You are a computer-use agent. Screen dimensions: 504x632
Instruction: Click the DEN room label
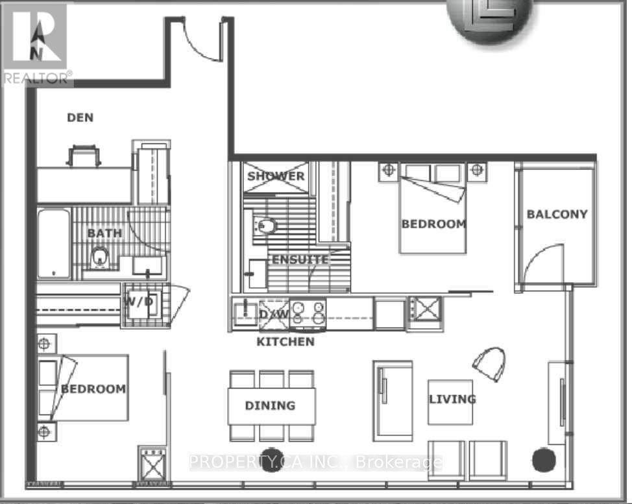pyautogui.click(x=80, y=117)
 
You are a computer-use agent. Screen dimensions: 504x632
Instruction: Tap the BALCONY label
pyautogui.click(x=557, y=214)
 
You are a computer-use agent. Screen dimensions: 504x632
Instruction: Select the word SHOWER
pyautogui.click(x=275, y=176)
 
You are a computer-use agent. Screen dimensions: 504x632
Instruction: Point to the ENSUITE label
pyautogui.click(x=300, y=259)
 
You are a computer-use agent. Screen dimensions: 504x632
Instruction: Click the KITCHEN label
pyautogui.click(x=286, y=341)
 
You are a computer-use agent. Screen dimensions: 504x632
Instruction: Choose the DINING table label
pyautogui.click(x=270, y=405)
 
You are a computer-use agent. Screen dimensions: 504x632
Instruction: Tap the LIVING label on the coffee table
pyautogui.click(x=452, y=399)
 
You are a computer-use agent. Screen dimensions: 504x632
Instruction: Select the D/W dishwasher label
pyautogui.click(x=273, y=314)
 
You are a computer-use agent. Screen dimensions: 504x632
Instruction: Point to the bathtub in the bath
pyautogui.click(x=53, y=243)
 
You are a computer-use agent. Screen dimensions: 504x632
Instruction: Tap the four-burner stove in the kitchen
pyautogui.click(x=308, y=312)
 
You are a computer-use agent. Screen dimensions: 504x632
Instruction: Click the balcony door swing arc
pyautogui.click(x=544, y=263)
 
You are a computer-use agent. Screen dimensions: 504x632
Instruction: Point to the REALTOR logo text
pyautogui.click(x=36, y=78)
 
